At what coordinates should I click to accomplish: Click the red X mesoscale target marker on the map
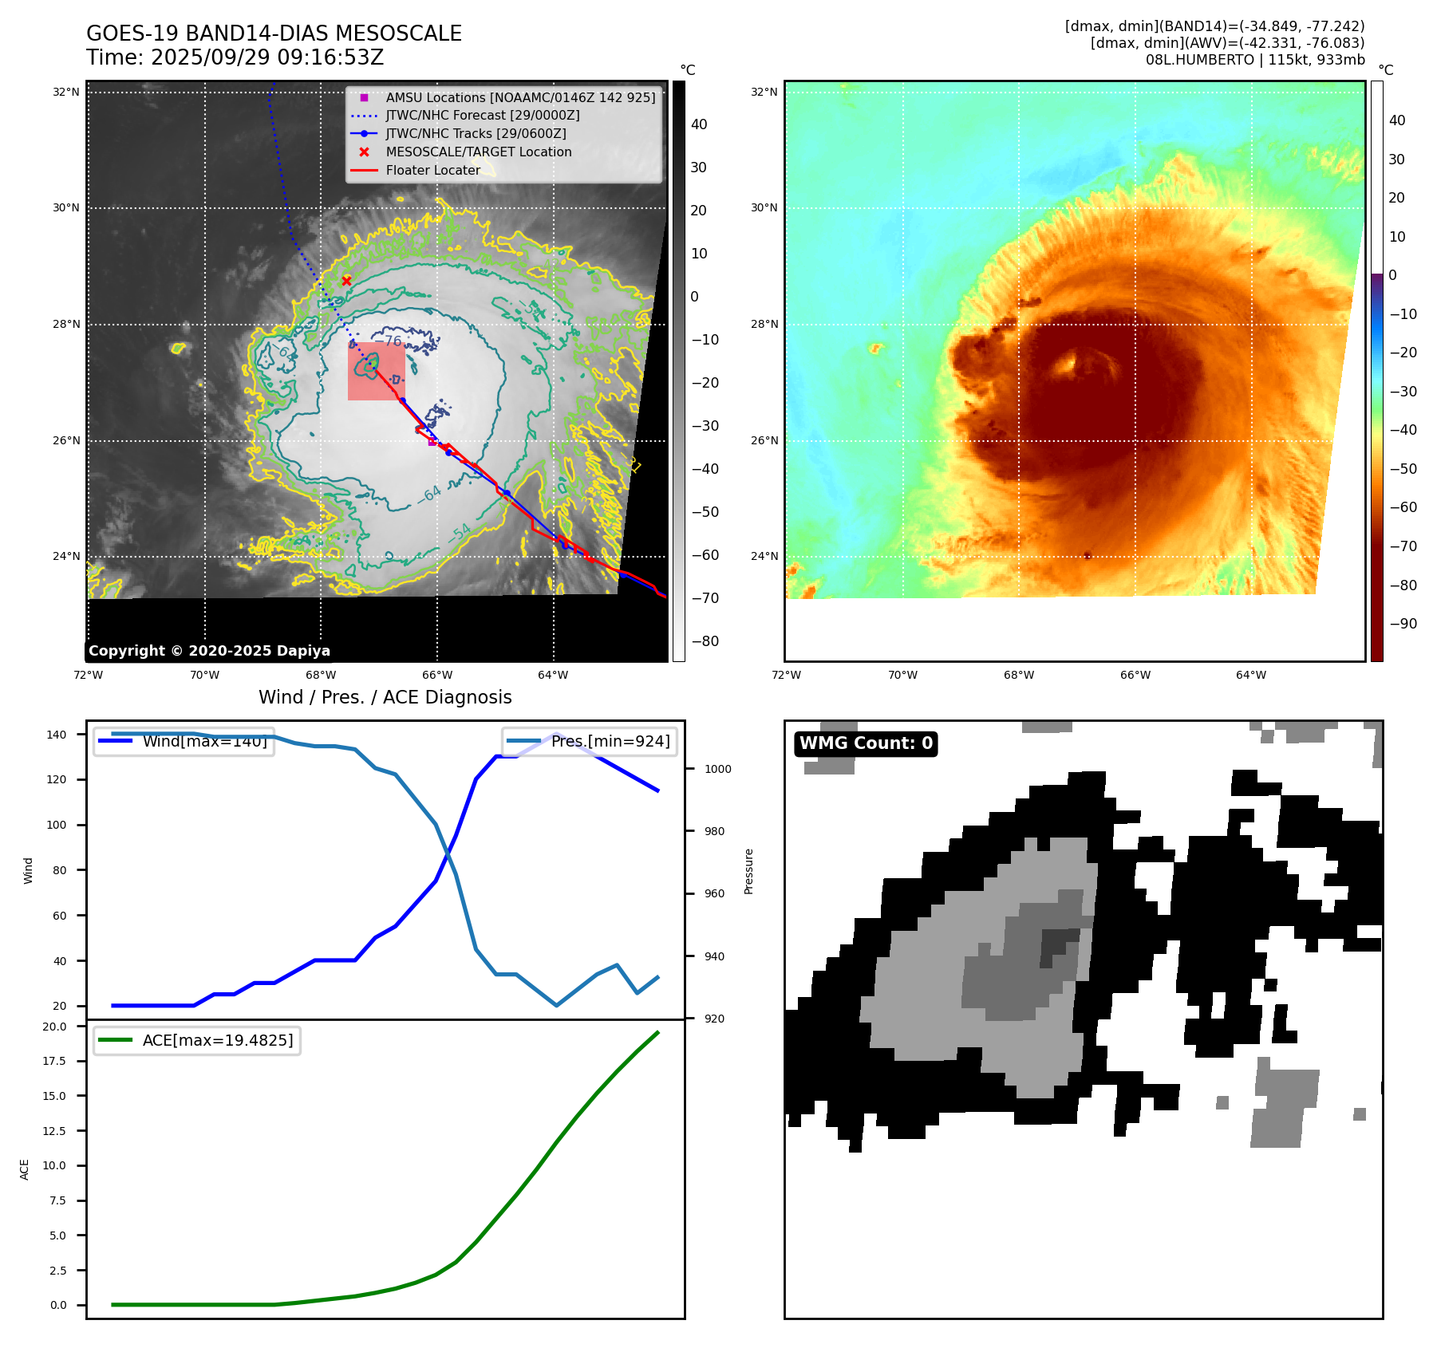[x=346, y=281]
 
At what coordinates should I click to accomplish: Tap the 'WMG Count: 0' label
[x=866, y=743]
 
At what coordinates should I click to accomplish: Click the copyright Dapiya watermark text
[x=209, y=651]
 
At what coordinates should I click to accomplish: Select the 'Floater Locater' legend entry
[x=432, y=170]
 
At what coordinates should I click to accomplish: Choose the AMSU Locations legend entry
[x=519, y=97]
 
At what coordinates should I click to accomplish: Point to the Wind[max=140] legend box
[x=184, y=742]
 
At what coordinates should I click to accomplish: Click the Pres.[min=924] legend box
[x=590, y=742]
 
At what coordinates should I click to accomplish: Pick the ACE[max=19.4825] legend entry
[x=197, y=1040]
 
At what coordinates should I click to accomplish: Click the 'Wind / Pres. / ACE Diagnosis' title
[x=385, y=697]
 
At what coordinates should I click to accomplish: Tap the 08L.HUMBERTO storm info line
[x=1254, y=60]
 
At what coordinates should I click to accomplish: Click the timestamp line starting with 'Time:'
[x=235, y=57]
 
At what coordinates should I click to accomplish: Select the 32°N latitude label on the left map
[x=66, y=93]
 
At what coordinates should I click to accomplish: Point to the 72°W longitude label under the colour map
[x=786, y=675]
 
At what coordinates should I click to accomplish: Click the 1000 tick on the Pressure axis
[x=717, y=769]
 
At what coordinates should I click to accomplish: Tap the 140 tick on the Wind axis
[x=57, y=735]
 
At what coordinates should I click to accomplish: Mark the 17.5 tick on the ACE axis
[x=54, y=1061]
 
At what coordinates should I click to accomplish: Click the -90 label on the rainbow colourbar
[x=1403, y=624]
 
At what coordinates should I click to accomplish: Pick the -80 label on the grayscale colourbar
[x=705, y=641]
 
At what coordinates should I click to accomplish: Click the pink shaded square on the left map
[x=376, y=372]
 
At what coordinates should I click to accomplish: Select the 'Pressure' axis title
[x=748, y=871]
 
